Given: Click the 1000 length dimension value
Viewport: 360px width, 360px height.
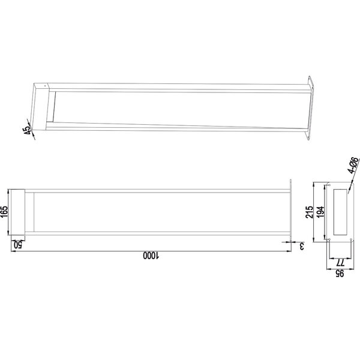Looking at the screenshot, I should (150, 256).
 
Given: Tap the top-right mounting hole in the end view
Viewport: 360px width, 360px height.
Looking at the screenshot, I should (347, 184).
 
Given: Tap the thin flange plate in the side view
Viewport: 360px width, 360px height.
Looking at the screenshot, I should (290, 211).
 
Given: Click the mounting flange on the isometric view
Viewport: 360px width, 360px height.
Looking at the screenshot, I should (310, 109).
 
